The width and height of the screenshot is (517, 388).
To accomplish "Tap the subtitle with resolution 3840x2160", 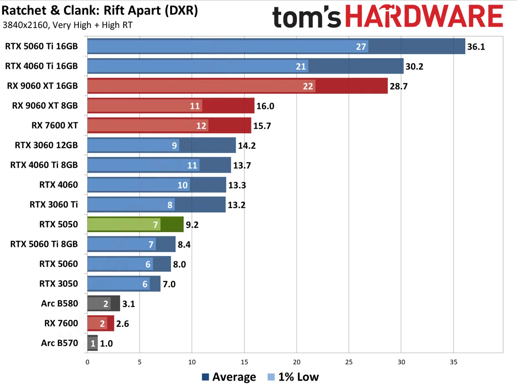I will pos(67,25).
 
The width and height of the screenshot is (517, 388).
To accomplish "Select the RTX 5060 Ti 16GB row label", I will pos(42,46).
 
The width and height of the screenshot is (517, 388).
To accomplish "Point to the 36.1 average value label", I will pos(476,47).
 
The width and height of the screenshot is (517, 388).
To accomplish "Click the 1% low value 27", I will pos(361,47).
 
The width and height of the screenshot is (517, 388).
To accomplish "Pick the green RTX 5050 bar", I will pos(135,224).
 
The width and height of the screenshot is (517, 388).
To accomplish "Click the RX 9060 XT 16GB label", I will pos(43,86).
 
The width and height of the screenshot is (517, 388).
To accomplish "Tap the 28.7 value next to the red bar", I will pos(399,86).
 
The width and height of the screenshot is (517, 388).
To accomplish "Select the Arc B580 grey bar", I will pos(103,304).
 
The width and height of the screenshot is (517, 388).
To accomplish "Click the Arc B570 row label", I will pos(60,343).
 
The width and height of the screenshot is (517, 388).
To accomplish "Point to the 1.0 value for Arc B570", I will pos(107,343).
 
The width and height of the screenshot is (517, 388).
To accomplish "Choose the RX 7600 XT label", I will pos(55,126).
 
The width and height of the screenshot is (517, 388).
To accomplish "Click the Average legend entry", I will pos(229,377).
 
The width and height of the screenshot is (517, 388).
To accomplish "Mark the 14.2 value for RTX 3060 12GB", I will pos(247,146).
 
